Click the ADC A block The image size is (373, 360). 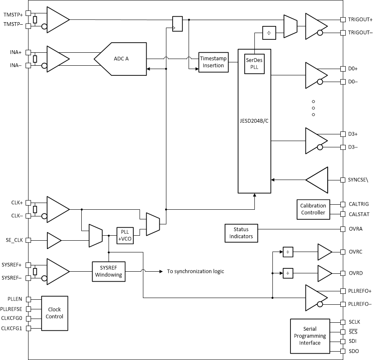pyautogui.click(x=122, y=59)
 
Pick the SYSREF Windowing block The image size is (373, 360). pyautogui.click(x=108, y=271)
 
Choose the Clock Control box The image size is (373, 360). pyautogui.click(x=54, y=314)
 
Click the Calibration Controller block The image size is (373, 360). pyautogui.click(x=313, y=209)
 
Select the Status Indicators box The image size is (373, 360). pyautogui.click(x=241, y=233)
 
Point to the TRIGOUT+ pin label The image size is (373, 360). pyautogui.click(x=360, y=19)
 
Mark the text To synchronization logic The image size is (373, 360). pyautogui.click(x=195, y=271)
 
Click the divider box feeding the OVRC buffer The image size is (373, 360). pyautogui.click(x=288, y=252)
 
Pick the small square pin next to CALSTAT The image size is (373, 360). pyautogui.click(x=343, y=214)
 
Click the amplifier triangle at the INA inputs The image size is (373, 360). pyautogui.click(x=58, y=59)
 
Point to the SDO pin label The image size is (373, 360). pyautogui.click(x=354, y=351)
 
